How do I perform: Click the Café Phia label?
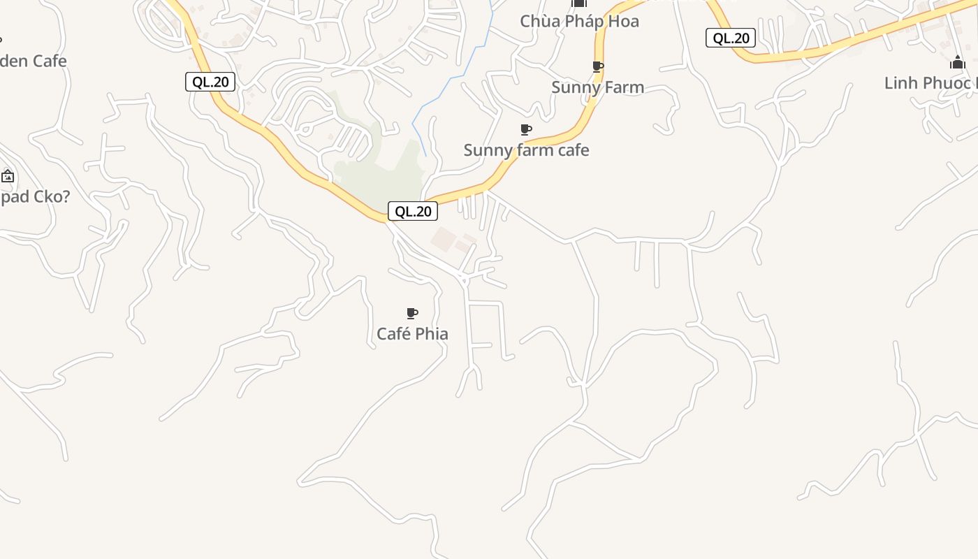point(412,334)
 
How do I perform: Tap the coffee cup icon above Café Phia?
point(412,314)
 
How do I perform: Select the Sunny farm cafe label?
point(526,150)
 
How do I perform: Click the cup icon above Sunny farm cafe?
point(526,130)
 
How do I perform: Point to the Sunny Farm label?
point(597,87)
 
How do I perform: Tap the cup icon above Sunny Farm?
point(597,67)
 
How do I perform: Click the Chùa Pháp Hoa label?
point(579,21)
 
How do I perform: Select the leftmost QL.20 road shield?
point(210,82)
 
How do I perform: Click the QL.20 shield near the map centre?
point(413,211)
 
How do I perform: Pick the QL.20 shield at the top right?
point(731,38)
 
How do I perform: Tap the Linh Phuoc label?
point(929,83)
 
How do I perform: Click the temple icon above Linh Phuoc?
point(958,63)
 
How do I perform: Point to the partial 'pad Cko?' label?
point(35,196)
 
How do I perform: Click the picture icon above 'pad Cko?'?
point(8,176)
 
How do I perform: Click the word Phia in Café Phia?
point(431,334)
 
